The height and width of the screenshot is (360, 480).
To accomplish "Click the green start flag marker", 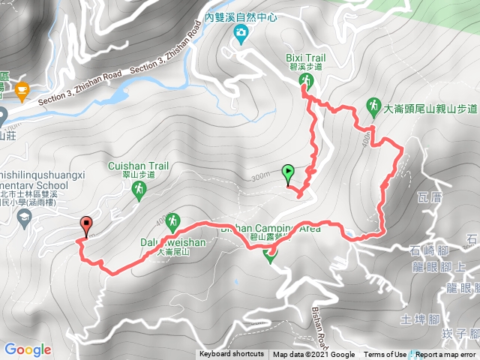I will [288, 173].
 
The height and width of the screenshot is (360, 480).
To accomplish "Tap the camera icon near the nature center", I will [240, 31].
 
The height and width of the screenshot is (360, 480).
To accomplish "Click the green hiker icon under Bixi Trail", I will [306, 79].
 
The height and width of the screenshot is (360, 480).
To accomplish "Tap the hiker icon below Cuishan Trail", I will [139, 190].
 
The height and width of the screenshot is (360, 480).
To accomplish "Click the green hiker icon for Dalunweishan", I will [172, 221].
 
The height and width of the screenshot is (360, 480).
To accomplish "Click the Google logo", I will [27, 349].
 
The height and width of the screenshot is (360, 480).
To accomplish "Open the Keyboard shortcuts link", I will [231, 355].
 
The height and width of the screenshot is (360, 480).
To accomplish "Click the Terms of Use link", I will [385, 355].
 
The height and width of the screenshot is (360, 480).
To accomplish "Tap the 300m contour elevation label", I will [261, 177].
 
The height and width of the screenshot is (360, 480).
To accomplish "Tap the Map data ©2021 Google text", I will [313, 355].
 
